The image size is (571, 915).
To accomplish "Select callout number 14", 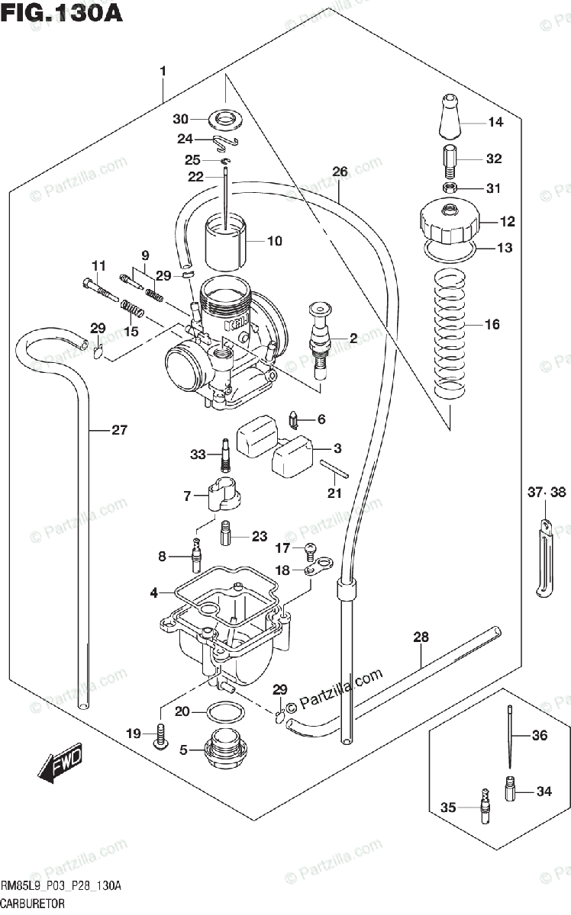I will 495,122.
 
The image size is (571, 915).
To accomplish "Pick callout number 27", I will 118,430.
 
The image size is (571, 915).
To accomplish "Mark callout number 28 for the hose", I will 421,637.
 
